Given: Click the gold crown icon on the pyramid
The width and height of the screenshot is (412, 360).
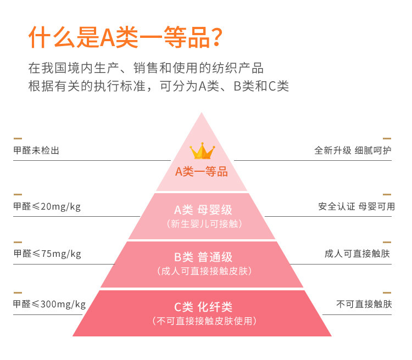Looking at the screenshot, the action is coord(202,151).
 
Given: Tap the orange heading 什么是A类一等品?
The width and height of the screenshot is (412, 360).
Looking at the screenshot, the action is coord(126,37).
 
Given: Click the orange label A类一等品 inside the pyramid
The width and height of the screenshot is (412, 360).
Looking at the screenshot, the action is coord(202,172).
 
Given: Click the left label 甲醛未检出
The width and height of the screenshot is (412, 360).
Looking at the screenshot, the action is coord(36,150).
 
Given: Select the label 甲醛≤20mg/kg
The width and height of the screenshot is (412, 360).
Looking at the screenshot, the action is coord(47,206).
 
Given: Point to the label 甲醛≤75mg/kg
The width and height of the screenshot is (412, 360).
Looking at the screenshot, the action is coord(47,254).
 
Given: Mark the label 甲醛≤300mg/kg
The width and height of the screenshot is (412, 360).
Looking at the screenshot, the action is coord(49,305).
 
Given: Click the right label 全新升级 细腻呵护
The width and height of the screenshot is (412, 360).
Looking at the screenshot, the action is coord(353,150).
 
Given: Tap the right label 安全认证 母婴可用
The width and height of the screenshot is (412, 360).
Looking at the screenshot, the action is coord(357,206).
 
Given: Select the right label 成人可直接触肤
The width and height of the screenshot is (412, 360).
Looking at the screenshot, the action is coord(358,254).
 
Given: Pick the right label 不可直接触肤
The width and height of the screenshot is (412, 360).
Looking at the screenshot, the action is coord(364,305).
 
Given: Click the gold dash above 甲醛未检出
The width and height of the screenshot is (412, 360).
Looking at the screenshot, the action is coord(18,138).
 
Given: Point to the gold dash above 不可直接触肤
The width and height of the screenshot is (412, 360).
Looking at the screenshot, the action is coord(387,292).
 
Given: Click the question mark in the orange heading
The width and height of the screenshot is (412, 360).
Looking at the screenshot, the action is coord(217,37).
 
